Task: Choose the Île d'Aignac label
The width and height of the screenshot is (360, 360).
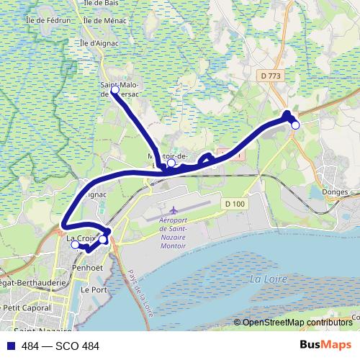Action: (x=94, y=43)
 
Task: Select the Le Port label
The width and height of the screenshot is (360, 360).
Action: (x=94, y=290)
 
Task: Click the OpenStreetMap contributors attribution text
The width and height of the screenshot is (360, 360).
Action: (x=297, y=323)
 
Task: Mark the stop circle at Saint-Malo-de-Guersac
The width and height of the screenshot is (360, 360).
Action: (x=114, y=91)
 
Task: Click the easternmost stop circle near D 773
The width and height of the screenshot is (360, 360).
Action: (x=295, y=125)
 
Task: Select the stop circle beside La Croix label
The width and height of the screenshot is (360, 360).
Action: (x=75, y=245)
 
